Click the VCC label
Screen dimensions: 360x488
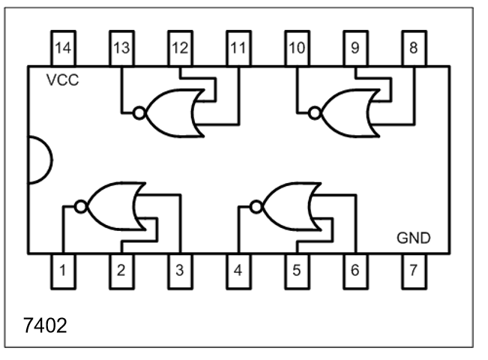pos(62,80)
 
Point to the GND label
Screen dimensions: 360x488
pos(413,238)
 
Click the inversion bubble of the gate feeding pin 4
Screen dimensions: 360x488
pos(256,205)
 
